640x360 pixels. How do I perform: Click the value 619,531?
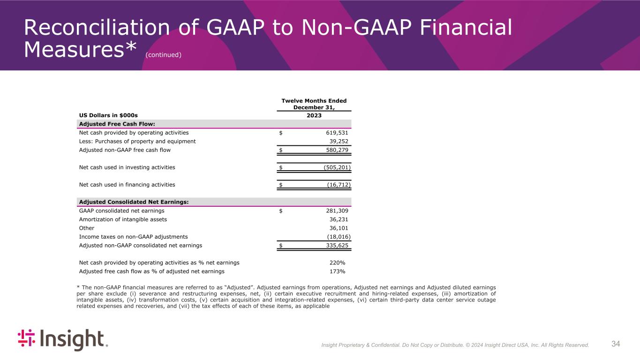coord(333,133)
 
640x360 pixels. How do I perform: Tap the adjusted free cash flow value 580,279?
coord(333,150)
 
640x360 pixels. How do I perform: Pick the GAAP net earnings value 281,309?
coord(333,211)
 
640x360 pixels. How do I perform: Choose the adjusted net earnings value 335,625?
coord(333,245)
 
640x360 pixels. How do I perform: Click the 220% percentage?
coord(337,262)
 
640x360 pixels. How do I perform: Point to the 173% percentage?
coord(337,271)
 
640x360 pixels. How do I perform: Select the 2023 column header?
coord(314,115)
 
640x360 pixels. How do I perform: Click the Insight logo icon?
coord(26,340)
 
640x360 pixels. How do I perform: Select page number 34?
coord(616,344)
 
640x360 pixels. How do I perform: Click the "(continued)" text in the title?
coord(163,55)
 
